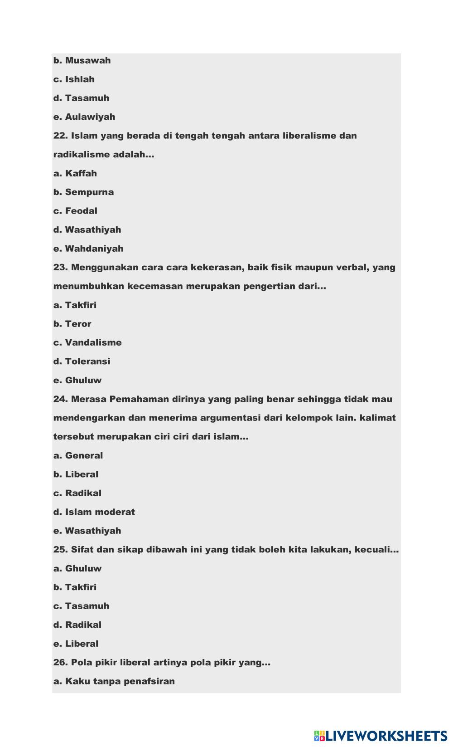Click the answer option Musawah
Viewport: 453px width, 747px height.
coord(82,60)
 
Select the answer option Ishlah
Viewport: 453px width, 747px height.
coord(74,79)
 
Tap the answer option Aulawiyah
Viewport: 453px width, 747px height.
coord(84,117)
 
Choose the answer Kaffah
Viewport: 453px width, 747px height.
coord(75,173)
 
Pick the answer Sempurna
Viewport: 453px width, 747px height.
coord(84,192)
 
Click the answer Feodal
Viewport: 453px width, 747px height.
coord(76,211)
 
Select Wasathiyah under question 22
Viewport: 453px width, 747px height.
coord(87,230)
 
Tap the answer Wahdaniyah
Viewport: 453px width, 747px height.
coord(88,249)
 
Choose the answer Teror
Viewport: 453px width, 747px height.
coord(72,324)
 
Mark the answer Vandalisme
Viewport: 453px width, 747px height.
coord(88,343)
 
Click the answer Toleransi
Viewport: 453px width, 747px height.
coord(82,361)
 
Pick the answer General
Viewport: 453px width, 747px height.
coord(78,455)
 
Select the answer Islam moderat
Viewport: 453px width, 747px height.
coord(94,512)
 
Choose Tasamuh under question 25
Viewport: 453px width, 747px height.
coord(82,606)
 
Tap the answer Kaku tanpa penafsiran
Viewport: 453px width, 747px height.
coord(114,681)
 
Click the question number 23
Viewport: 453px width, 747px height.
coord(61,268)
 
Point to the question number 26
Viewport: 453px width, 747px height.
coord(61,663)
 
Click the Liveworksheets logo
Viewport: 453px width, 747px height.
coord(380,735)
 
